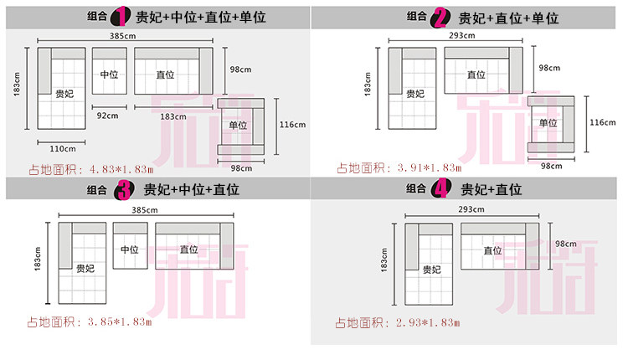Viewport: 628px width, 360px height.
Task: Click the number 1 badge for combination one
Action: tap(122, 16)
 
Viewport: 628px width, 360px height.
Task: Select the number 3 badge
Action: tap(122, 190)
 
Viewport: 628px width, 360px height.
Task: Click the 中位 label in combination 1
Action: tap(109, 74)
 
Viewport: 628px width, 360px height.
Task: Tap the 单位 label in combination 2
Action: tap(548, 122)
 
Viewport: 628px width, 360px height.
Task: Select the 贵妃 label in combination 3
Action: tap(85, 269)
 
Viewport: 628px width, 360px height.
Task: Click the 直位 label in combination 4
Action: tap(492, 249)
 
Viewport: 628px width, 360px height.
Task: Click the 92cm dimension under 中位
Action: tap(106, 115)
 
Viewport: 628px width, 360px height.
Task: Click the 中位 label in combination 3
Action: tap(129, 249)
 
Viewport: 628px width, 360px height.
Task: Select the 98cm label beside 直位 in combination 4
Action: tap(564, 244)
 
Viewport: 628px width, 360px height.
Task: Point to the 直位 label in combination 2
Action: tap(476, 74)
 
